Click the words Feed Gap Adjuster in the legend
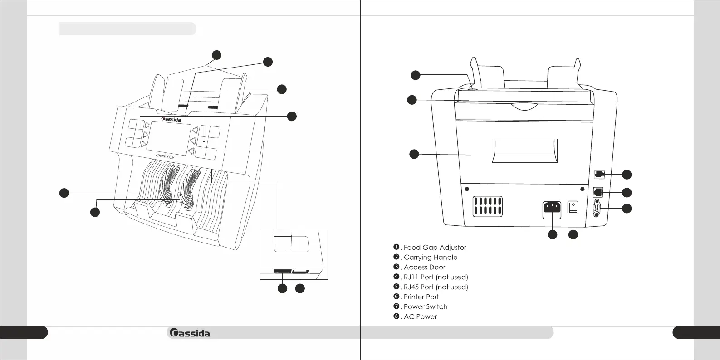[x=435, y=247]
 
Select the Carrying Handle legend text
[x=430, y=257]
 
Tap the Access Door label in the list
[x=424, y=267]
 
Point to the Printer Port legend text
[x=421, y=297]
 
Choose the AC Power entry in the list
[x=420, y=316]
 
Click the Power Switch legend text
[x=425, y=306]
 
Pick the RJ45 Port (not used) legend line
[x=436, y=287]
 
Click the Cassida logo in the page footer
[x=190, y=333]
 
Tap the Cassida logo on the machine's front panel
[x=171, y=119]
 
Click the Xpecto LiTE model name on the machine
[x=165, y=156]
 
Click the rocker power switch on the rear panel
[x=573, y=209]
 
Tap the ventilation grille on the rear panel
[x=487, y=206]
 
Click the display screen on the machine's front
[x=167, y=136]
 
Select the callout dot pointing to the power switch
[x=573, y=234]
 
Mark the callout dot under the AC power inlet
[x=552, y=234]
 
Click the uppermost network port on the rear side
[x=598, y=174]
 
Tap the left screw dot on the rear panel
[x=467, y=189]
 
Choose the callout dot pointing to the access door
[x=414, y=154]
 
